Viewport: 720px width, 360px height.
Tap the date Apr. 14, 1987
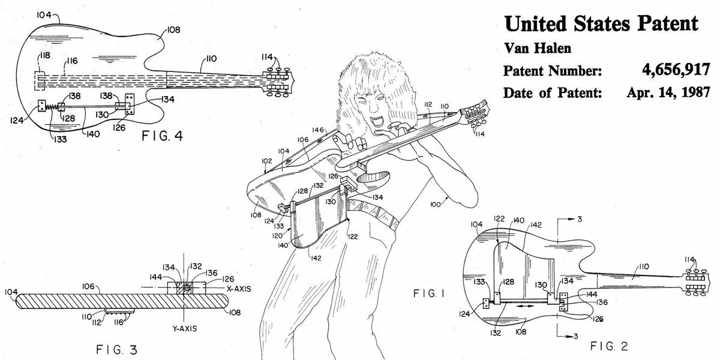668,92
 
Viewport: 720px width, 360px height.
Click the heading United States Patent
601,23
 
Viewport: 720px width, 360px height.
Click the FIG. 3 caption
118,350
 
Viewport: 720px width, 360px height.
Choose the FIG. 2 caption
609,346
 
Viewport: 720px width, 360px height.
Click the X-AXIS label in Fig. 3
239,289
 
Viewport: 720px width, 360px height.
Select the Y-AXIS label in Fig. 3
182,329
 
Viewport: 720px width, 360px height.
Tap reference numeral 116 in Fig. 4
72,61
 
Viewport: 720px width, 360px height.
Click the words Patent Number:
552,71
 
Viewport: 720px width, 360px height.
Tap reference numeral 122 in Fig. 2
498,220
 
